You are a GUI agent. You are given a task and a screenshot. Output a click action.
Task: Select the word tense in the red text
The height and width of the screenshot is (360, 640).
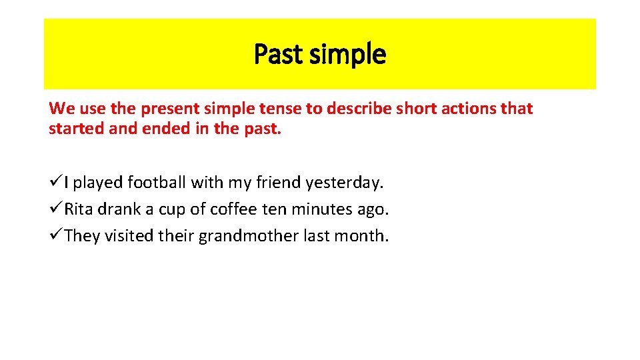coord(281,109)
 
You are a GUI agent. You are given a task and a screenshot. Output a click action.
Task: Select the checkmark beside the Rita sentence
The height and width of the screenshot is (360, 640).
coord(55,209)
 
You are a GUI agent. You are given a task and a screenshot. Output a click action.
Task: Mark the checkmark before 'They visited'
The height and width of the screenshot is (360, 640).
coord(55,236)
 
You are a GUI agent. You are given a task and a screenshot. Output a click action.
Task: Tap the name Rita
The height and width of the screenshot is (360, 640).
coord(79,209)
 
